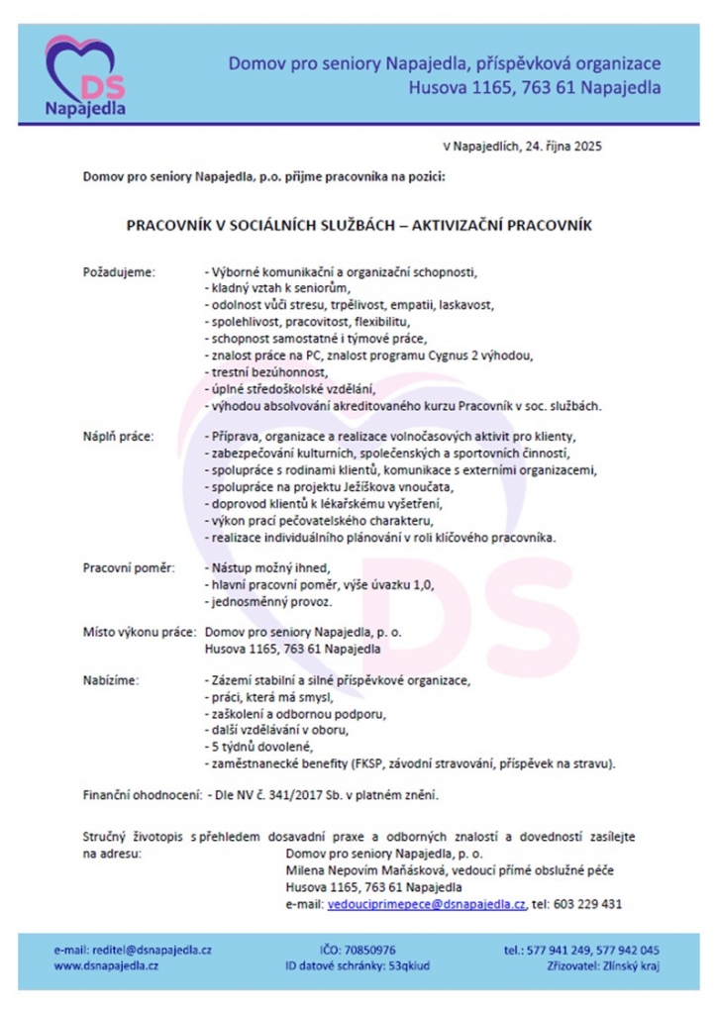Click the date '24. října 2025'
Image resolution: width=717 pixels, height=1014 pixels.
[554, 145]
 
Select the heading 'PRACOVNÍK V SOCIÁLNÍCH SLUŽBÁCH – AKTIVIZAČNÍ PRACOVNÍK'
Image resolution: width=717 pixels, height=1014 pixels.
[358, 226]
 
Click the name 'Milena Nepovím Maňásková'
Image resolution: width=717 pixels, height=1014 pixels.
[353, 868]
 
